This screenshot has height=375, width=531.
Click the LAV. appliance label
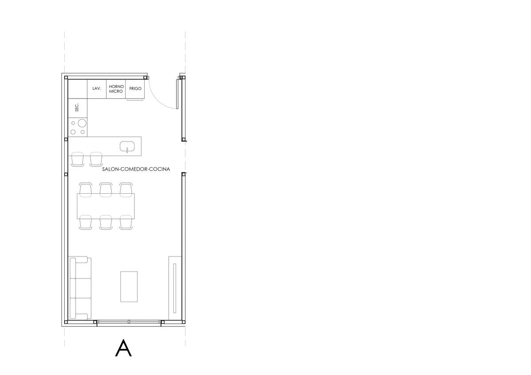point(97,88)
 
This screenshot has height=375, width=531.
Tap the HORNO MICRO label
point(116,89)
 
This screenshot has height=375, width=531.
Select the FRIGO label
point(135,88)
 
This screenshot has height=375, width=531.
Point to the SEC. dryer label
point(77,107)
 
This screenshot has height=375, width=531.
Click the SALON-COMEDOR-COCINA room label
point(136,169)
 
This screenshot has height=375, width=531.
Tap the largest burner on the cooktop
point(82,123)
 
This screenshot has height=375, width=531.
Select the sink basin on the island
point(127,146)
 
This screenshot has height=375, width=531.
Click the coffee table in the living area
point(129,287)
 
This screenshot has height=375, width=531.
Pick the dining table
point(106,206)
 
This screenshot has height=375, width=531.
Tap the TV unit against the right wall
point(175,288)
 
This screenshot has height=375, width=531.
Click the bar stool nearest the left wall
point(77,160)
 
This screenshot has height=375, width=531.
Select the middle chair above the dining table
point(106,190)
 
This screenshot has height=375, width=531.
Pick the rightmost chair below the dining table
point(126,222)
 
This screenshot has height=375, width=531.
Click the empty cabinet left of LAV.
point(78,89)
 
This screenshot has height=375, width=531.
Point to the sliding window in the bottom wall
point(129,321)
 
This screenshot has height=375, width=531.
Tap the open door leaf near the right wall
point(177,94)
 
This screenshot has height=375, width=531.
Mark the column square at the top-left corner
point(66,77)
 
